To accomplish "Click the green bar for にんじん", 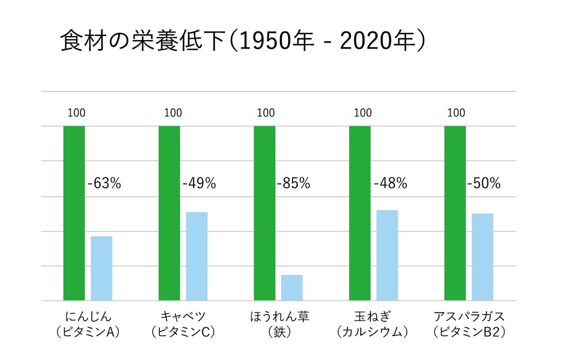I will click(74, 213).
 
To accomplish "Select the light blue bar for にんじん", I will click(101, 268).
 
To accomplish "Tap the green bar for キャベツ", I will click(169, 213).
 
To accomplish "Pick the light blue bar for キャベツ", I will click(197, 256).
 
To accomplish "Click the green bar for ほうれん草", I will click(265, 213).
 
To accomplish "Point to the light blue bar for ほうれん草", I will click(292, 288).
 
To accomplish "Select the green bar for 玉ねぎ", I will click(360, 213).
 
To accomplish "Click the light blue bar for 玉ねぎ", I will click(387, 255).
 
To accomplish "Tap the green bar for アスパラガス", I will click(455, 213).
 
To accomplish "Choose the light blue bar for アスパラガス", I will click(482, 257).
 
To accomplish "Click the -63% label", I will click(104, 184).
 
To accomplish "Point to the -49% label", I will click(199, 184).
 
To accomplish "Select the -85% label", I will click(293, 184).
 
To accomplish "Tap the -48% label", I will click(390, 184).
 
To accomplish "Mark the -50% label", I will click(484, 184).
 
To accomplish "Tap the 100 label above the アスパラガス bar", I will click(457, 112).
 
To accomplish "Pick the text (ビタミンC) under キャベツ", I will click(183, 333).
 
